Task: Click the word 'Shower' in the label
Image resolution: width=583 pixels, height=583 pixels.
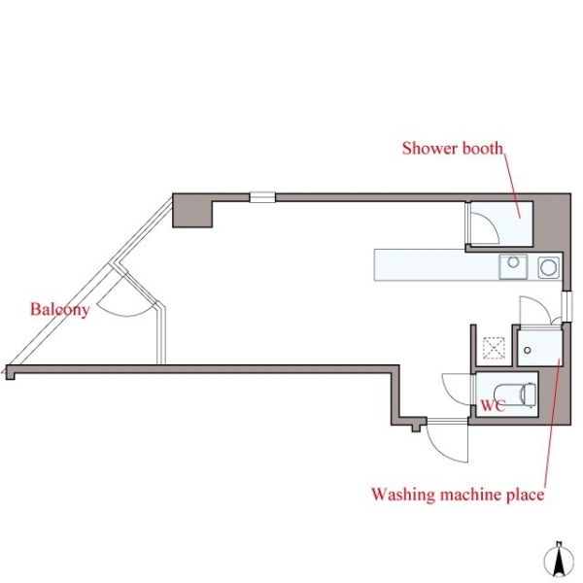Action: tap(429, 149)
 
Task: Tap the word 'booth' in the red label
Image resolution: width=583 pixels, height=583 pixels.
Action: tap(483, 149)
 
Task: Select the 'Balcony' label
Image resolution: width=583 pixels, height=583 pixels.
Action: tap(60, 310)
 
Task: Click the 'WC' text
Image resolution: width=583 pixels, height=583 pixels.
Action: tap(493, 405)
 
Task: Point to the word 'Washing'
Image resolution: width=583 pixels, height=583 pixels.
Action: tap(402, 495)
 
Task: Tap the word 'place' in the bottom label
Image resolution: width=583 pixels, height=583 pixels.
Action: tap(526, 496)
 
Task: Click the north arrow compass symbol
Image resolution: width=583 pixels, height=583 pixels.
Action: tap(558, 564)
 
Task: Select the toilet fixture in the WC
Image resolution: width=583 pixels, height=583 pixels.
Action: tap(515, 394)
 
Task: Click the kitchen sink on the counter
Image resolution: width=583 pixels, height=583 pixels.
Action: tap(513, 266)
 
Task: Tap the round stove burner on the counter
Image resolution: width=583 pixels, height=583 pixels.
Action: tap(548, 267)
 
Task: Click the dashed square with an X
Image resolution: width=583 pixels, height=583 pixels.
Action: tap(494, 348)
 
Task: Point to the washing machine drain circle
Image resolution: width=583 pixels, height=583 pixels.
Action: tap(527, 350)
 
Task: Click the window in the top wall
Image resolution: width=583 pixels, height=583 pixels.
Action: tap(262, 197)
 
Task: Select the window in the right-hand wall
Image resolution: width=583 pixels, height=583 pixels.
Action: tap(566, 306)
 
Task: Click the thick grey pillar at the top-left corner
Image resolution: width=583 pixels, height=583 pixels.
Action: tap(191, 211)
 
